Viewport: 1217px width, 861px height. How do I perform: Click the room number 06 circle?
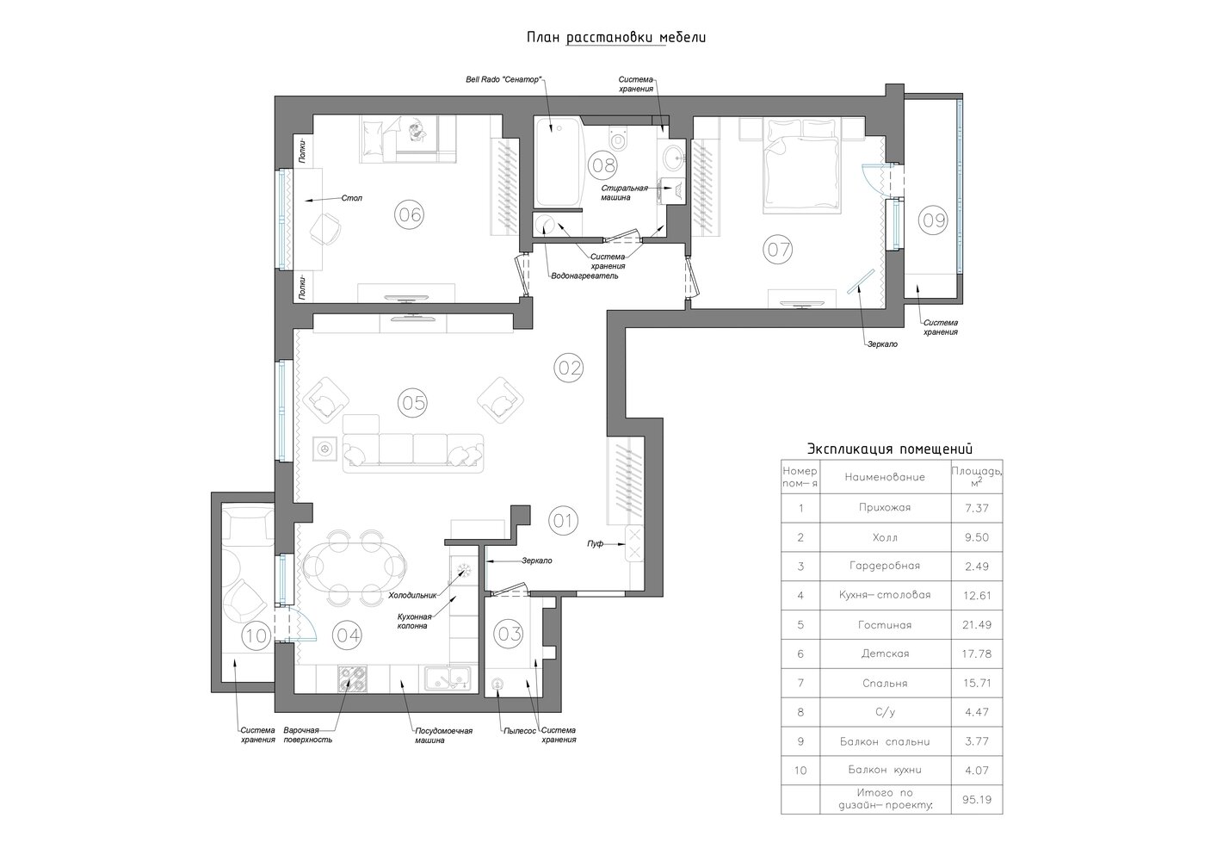[409, 214]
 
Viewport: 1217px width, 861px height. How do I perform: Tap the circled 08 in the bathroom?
[603, 164]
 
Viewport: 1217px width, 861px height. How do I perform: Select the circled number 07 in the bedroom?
[778, 250]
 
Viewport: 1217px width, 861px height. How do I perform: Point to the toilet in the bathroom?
[618, 138]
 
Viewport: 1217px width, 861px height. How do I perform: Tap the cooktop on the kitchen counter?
[352, 678]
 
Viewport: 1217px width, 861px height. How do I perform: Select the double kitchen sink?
[448, 678]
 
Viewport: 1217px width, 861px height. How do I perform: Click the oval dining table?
[355, 567]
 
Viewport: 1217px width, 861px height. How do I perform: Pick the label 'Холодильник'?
[412, 595]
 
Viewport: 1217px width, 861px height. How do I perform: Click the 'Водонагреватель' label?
[584, 276]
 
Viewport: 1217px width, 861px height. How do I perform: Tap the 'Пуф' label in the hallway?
[595, 543]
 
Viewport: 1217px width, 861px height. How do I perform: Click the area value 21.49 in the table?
[977, 625]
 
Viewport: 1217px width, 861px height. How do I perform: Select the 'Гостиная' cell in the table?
[885, 625]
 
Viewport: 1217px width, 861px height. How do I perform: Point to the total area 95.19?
[977, 800]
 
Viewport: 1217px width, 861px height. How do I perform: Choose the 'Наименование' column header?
[885, 477]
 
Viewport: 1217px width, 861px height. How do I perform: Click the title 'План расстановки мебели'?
[616, 38]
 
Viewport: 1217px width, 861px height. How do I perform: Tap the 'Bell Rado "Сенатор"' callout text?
[503, 80]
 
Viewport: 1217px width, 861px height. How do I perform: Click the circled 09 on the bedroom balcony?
[933, 220]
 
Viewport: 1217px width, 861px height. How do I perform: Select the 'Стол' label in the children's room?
[351, 198]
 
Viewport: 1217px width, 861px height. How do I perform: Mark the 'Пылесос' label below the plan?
[519, 731]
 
